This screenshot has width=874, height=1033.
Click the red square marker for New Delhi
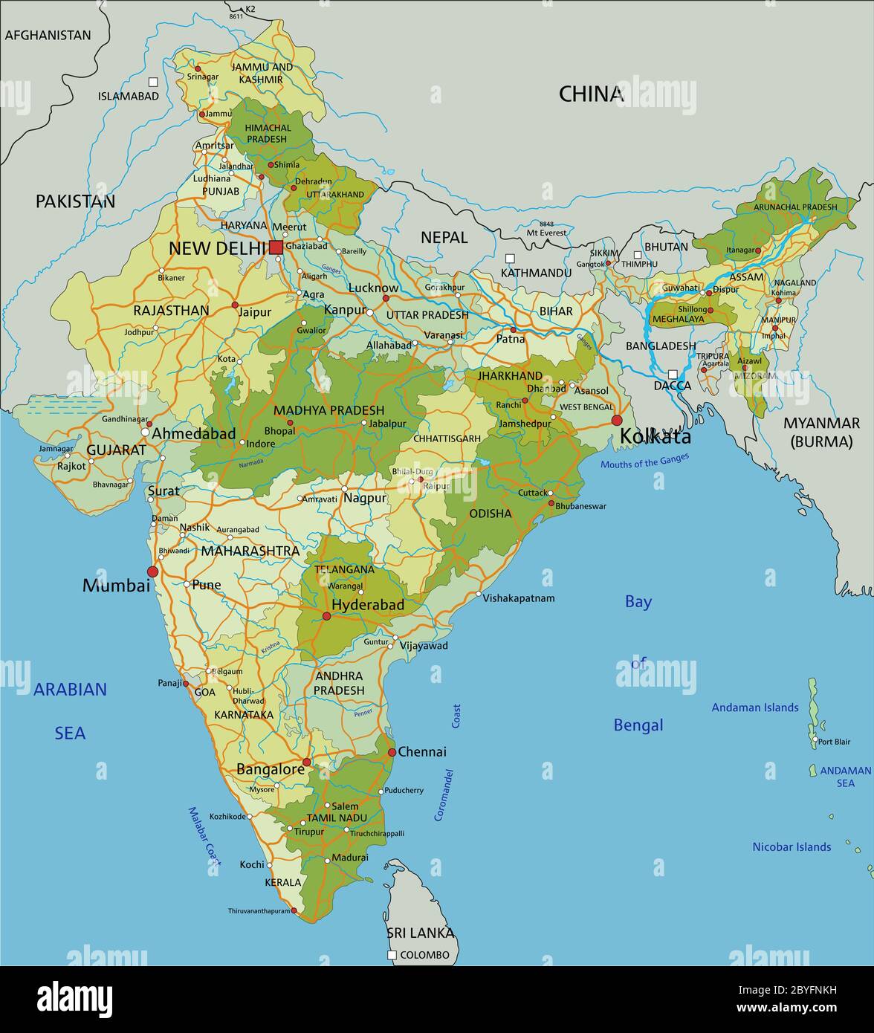(276, 247)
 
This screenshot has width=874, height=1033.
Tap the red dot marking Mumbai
(153, 571)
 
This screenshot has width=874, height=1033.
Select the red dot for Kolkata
(617, 421)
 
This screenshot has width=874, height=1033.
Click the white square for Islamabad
(153, 82)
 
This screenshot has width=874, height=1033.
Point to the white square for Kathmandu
(510, 259)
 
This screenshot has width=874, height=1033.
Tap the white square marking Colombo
(392, 955)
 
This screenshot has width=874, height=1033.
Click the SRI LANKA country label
(420, 933)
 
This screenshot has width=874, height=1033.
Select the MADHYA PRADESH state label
(328, 410)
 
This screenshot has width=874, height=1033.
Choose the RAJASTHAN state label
(171, 311)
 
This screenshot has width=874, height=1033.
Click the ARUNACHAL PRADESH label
(794, 207)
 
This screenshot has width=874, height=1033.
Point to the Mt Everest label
(547, 233)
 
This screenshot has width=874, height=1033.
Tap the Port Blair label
(834, 741)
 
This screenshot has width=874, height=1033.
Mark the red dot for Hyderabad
(326, 616)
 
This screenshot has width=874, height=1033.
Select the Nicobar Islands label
(792, 846)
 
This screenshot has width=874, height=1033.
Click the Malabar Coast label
(204, 837)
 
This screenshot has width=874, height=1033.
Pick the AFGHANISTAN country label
(48, 35)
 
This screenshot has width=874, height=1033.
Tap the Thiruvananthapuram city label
(259, 910)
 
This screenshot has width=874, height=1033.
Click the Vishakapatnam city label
(519, 598)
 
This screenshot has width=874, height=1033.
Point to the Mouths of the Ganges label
(644, 461)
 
